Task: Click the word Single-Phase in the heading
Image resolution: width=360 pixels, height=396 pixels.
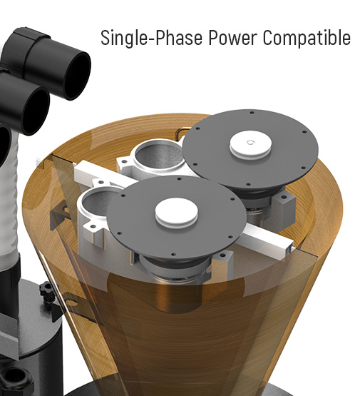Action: click(151, 38)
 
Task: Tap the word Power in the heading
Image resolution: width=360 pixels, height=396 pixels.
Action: click(233, 38)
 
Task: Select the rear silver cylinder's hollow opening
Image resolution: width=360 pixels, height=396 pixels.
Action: click(158, 156)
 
